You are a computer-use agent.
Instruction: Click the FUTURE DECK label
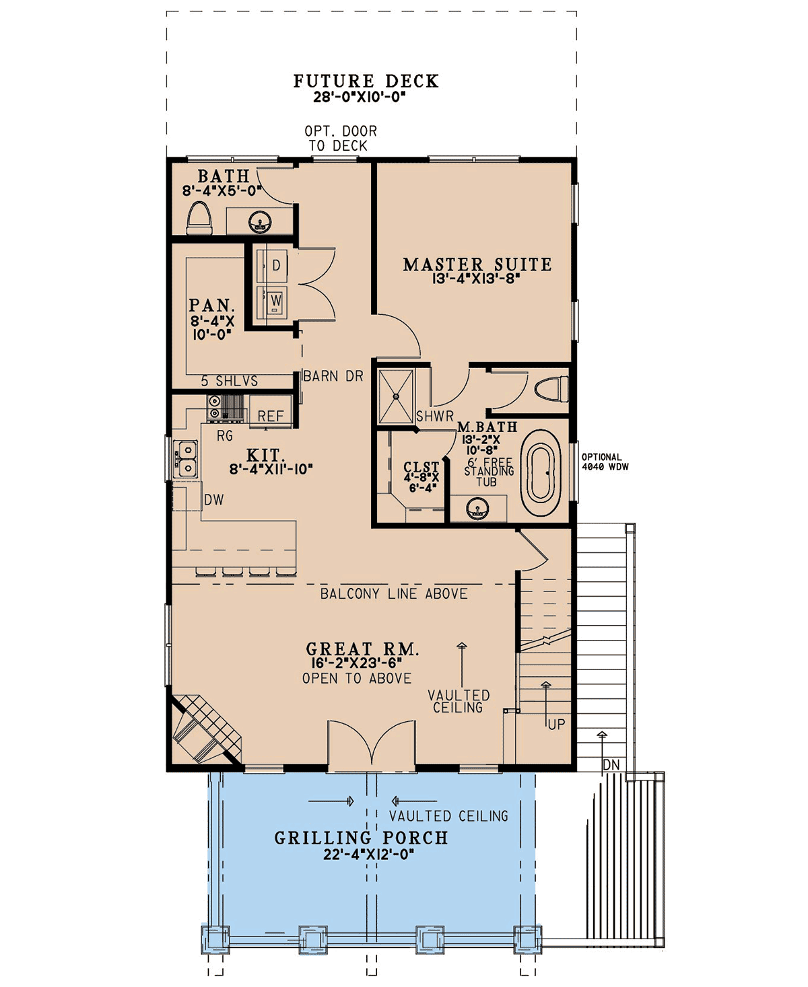[x=366, y=81]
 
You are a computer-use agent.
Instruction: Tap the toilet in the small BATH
[x=199, y=218]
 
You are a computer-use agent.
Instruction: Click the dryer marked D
[x=272, y=266]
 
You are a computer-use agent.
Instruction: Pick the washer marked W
[x=272, y=301]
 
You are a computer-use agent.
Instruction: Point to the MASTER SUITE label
[x=477, y=264]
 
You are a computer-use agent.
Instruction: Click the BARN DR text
[x=333, y=376]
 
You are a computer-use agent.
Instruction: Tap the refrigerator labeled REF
[x=270, y=411]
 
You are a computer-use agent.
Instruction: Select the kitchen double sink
[x=186, y=459]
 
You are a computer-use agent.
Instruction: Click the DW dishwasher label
[x=214, y=501]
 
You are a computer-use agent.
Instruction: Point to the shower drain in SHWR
[x=397, y=396]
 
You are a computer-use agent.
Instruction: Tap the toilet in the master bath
[x=551, y=390]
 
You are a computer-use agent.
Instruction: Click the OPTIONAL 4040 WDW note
[x=605, y=462]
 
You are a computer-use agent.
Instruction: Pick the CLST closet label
[x=421, y=467]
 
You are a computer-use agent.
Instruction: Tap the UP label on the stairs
[x=556, y=725]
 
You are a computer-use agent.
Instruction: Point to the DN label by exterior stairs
[x=611, y=765]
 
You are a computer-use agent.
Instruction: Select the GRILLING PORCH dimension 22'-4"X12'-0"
[x=368, y=854]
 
